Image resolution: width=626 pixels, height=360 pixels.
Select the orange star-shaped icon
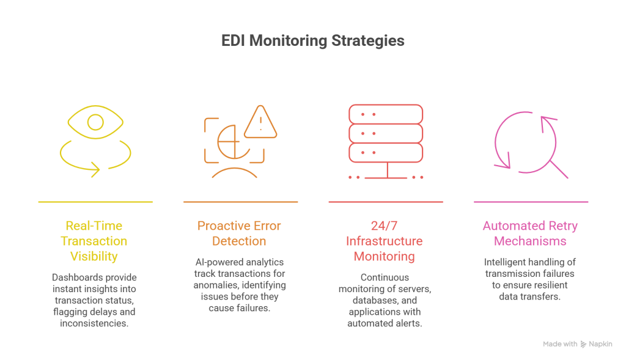[x=241, y=144]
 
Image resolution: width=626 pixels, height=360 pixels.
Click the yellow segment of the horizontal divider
[x=111, y=202]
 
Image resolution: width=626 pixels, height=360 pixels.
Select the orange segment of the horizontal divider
[x=256, y=202]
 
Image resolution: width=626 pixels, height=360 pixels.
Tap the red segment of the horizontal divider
[x=401, y=202]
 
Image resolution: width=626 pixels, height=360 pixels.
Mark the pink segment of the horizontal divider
[x=549, y=202]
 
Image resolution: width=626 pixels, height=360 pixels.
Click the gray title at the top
[x=313, y=42]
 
